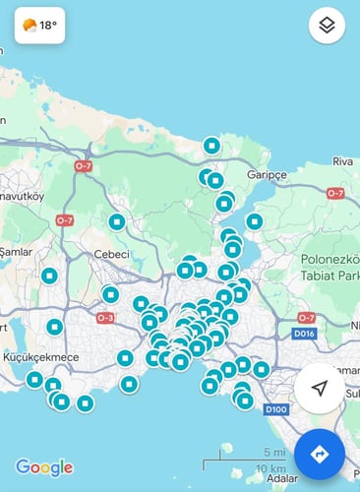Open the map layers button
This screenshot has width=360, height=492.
point(327,26)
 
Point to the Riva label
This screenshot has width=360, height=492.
point(342,161)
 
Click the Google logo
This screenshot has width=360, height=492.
point(44,467)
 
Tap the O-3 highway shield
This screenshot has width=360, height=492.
point(105,318)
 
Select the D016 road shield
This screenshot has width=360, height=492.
point(304,335)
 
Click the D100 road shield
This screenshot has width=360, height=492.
point(275,408)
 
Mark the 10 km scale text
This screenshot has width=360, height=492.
point(270,467)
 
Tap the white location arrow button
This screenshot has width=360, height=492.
point(319,389)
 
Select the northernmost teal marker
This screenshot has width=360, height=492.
point(210,146)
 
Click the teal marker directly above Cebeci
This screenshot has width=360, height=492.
point(116,222)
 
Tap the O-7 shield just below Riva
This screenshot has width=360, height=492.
point(335,193)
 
